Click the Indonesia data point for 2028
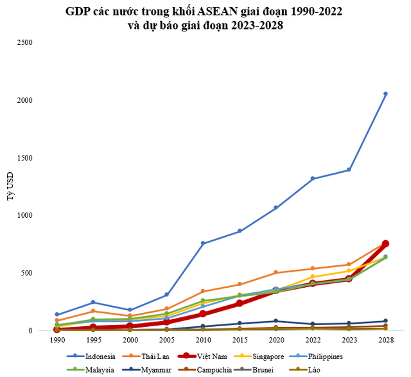[385, 94]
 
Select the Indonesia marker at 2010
[203, 243]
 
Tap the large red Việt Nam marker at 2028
[385, 244]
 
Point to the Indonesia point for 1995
[93, 302]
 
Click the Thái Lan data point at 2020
[276, 272]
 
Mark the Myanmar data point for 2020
[276, 321]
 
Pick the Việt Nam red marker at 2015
[240, 303]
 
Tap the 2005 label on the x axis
[166, 338]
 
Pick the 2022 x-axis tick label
[312, 338]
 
